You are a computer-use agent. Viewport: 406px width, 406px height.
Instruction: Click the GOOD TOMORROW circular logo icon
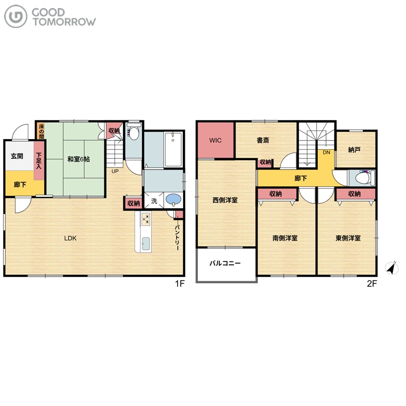pos(16,16)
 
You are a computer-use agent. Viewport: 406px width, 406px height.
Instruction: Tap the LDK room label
pos(71,238)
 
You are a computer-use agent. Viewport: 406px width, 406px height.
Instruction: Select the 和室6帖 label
pos(79,159)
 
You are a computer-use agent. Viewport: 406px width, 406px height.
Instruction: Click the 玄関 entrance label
pos(17,156)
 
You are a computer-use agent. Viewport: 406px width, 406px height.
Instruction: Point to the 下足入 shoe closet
pos(39,161)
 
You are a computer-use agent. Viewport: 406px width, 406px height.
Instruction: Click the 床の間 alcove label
pos(42,131)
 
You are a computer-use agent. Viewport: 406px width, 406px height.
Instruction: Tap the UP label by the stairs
pos(115,172)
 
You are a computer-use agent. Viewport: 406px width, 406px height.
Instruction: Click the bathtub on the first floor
pos(173,149)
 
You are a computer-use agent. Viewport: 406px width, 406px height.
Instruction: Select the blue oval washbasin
pos(174,199)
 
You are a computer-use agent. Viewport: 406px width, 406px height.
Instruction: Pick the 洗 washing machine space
pos(154,200)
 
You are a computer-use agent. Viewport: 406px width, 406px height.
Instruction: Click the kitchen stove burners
pos(146,219)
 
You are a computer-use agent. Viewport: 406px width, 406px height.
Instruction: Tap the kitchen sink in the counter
pos(146,244)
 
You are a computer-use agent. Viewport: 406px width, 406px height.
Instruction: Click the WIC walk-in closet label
pos(215,141)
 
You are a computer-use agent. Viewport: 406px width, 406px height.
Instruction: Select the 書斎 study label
pos(263,141)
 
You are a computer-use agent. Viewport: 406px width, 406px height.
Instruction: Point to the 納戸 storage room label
pos(354,150)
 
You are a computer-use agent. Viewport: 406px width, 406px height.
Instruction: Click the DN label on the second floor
pos(326,153)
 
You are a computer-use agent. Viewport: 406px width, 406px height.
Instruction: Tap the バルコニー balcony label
pos(225,263)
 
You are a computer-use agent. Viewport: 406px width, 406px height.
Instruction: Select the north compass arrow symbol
pos(392,268)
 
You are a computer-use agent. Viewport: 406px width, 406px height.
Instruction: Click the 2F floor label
pos(372,284)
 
